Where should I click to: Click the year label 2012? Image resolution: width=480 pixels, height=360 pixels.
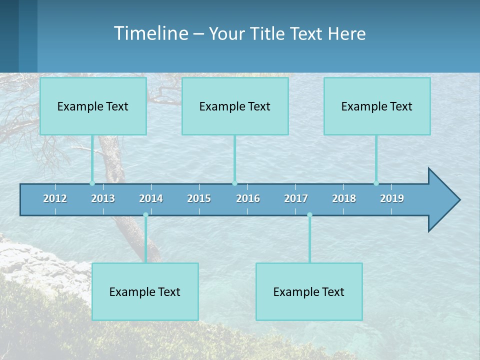coord(55,198)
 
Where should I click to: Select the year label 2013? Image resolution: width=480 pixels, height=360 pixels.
coord(103,198)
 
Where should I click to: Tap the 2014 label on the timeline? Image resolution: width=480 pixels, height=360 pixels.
coord(151,198)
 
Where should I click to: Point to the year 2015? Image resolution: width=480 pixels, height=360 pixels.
coord(199,198)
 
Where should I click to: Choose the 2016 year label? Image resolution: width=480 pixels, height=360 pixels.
coord(247,198)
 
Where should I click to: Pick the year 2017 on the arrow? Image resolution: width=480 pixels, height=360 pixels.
coord(296,198)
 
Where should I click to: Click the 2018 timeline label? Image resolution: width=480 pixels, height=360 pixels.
coord(344,198)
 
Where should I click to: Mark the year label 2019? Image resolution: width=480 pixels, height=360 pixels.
coord(392,198)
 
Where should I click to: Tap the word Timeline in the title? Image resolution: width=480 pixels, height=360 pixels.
coord(150,33)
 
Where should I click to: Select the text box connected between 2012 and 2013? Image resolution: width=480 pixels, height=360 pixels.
coord(93,106)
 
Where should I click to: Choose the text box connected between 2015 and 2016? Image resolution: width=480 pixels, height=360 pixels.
coord(235,106)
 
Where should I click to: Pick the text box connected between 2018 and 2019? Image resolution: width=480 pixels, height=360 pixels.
coord(377,106)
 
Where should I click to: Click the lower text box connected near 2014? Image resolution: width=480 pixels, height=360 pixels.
coord(145,291)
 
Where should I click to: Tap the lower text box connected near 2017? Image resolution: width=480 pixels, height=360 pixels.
coord(309,291)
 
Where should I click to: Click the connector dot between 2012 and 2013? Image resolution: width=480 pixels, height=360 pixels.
coord(92,183)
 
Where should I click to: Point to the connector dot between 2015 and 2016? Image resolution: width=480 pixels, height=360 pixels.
coord(234,183)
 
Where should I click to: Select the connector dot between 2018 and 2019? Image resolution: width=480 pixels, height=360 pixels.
coord(376,183)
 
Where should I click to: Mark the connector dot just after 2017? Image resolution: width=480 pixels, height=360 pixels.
coord(309,214)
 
